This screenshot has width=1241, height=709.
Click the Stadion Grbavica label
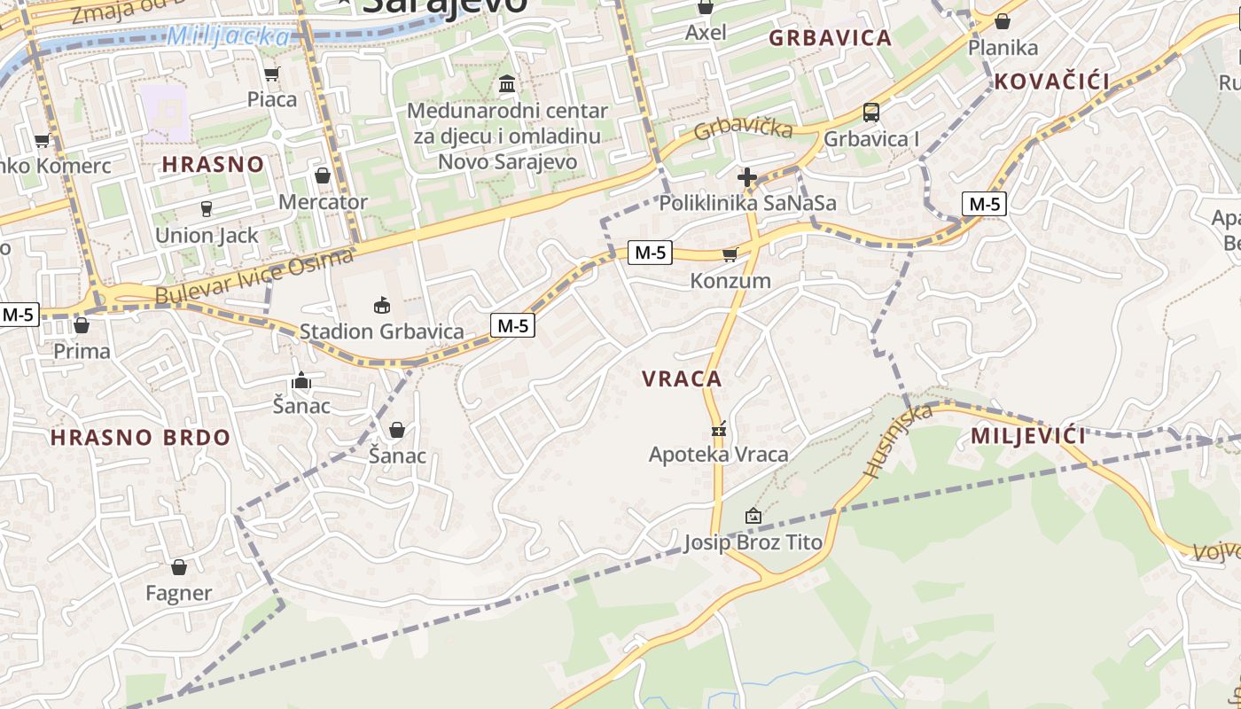click(x=381, y=331)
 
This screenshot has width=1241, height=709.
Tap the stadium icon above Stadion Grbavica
click(x=381, y=306)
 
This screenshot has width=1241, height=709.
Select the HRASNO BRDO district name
click(x=140, y=437)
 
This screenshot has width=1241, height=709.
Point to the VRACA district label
click(x=682, y=379)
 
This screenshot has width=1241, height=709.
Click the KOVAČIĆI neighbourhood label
click(x=1051, y=82)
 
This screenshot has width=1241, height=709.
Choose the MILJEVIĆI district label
click(x=1028, y=436)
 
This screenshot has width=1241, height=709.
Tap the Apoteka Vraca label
click(x=718, y=455)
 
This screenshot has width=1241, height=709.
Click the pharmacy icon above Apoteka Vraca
click(x=718, y=430)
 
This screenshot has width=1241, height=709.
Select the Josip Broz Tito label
click(x=753, y=541)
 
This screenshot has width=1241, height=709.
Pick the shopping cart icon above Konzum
click(x=730, y=255)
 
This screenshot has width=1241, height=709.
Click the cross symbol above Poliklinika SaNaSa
click(x=747, y=177)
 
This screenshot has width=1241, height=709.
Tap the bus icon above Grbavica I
click(x=871, y=113)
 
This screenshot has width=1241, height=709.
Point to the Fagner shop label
click(x=178, y=593)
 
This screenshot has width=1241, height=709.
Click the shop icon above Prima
click(x=82, y=325)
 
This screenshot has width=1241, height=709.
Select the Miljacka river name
click(x=228, y=36)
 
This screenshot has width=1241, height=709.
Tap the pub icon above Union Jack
click(x=207, y=209)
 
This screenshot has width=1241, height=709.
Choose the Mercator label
click(x=323, y=202)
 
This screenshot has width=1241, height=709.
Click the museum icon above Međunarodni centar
click(x=508, y=84)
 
